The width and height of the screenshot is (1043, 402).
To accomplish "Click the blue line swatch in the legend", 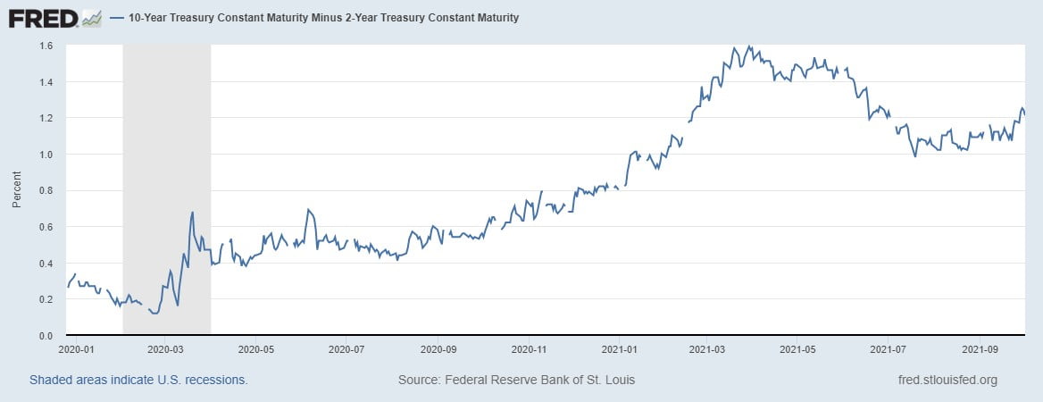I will pyautogui.click(x=117, y=18).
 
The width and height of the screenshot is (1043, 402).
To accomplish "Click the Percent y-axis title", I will pyautogui.click(x=17, y=190).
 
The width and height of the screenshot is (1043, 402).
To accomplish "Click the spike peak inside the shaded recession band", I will pyautogui.click(x=192, y=213).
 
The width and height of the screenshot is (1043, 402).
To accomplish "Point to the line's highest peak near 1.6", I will pyautogui.click(x=748, y=46).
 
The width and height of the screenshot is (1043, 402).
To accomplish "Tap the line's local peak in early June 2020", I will pyautogui.click(x=308, y=210).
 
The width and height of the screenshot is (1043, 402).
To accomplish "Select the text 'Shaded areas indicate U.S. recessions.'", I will pyautogui.click(x=138, y=380).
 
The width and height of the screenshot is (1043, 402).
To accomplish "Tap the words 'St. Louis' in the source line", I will pyautogui.click(x=608, y=380).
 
